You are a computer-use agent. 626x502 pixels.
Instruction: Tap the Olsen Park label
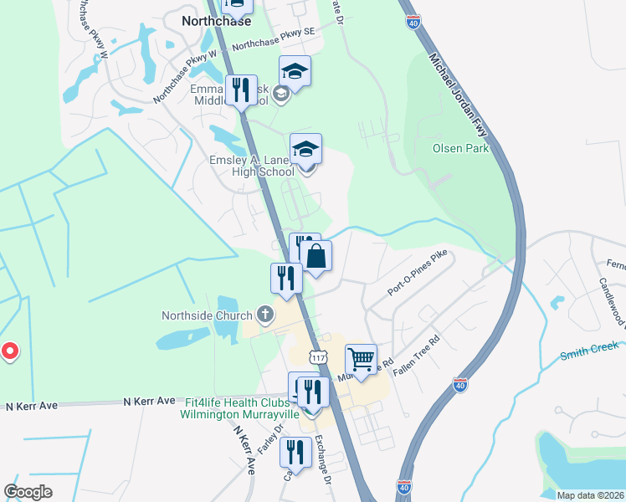coord(459,148)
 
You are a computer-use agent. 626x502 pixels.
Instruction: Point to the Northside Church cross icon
coord(265,315)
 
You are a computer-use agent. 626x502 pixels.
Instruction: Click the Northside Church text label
coord(207,315)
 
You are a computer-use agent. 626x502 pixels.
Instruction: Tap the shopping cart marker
coord(361,359)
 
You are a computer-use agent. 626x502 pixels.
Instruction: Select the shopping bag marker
coord(316,256)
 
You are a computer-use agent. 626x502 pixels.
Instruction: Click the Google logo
coord(28,492)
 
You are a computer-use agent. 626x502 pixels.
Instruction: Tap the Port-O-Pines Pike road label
coord(418,271)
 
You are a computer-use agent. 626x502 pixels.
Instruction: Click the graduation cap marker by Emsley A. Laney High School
coord(306,148)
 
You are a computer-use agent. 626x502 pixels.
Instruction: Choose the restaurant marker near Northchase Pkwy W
coord(242,90)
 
